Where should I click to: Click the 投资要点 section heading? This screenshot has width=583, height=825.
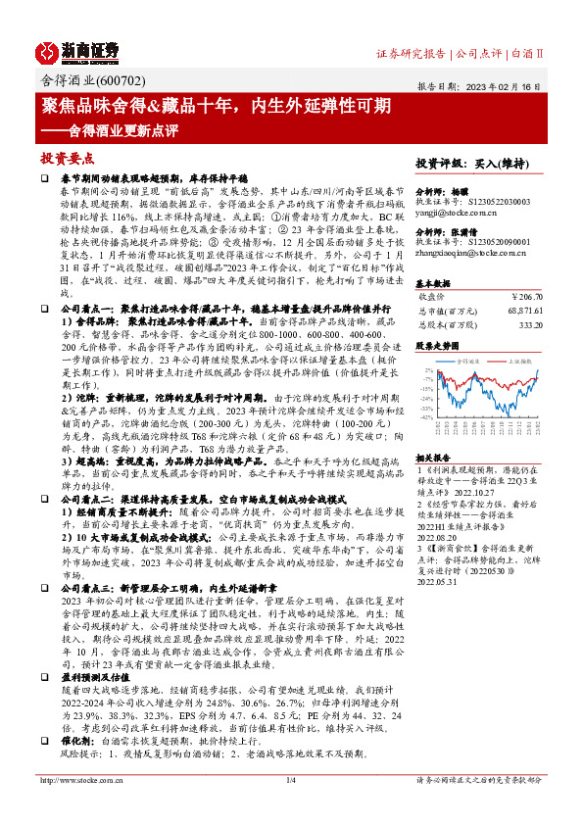[x=67, y=158]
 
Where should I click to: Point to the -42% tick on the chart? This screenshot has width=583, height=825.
[x=427, y=417]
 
